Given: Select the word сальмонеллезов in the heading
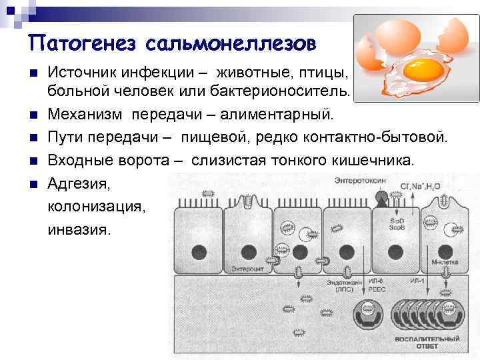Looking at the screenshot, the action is [x=229, y=44].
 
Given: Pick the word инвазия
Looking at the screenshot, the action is [x=80, y=229].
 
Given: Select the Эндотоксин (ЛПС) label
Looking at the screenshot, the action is [x=345, y=285].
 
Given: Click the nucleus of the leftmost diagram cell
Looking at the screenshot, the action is [x=199, y=252].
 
